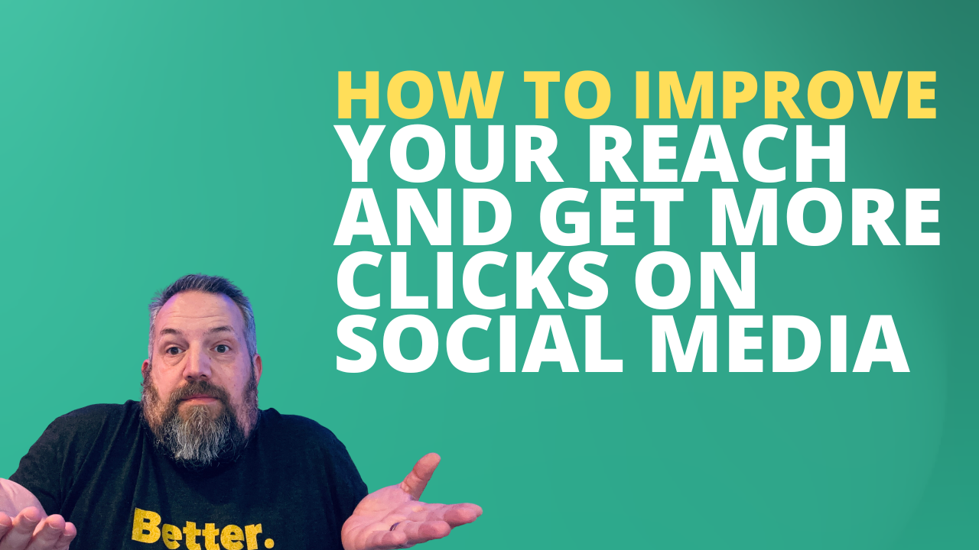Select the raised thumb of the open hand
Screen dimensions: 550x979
point(425,474)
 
